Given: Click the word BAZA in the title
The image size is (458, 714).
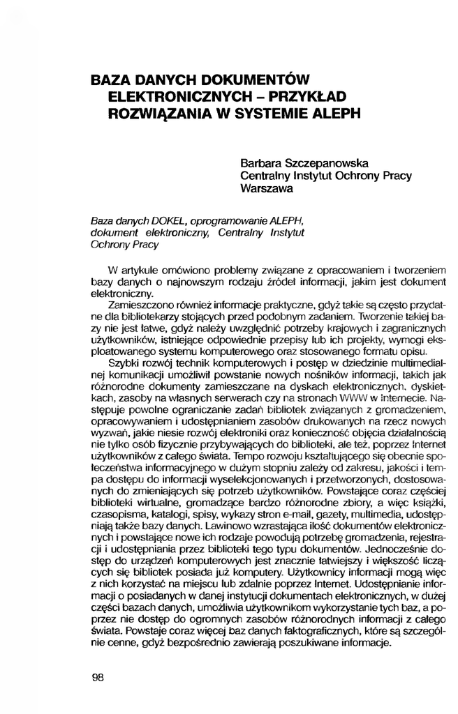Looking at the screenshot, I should pos(112,79).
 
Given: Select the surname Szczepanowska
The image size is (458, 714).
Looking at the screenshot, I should pos(334,162).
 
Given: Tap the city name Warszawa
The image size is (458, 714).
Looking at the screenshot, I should pos(266,188).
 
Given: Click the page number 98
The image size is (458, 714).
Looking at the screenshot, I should pos(98,676).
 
